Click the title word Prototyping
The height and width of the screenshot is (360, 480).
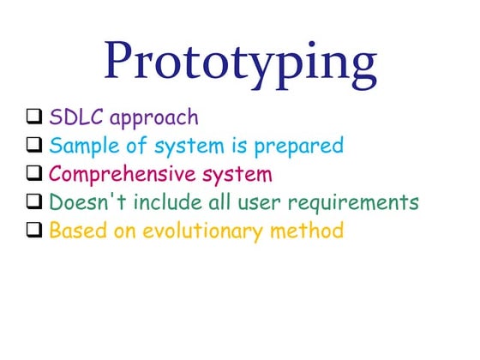tap(240, 60)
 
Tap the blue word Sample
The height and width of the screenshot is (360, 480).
tap(81, 146)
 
